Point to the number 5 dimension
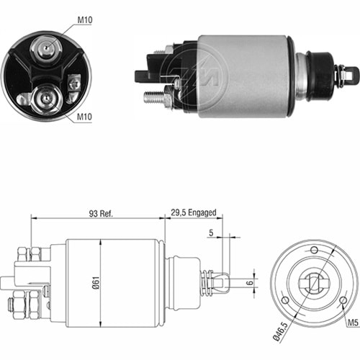click(211, 233)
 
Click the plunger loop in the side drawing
click(224, 282)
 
